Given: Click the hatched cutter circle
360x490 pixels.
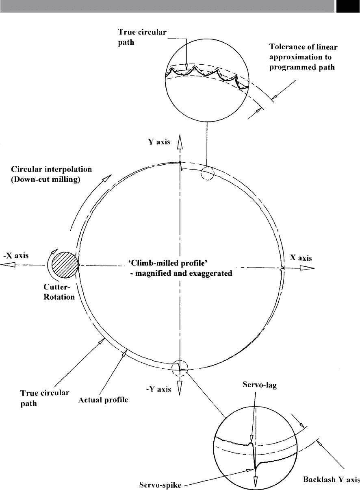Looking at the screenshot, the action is point(65,265).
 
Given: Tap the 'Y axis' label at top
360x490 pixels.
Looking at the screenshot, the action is point(159,142).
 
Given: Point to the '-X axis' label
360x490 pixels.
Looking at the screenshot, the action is point(16,255).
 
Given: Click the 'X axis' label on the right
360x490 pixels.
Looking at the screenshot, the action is point(301,258).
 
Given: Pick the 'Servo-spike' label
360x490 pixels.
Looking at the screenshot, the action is point(160,485).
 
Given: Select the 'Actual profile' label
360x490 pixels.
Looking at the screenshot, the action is point(103,400).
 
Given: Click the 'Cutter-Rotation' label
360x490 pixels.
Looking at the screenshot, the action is point(59,292).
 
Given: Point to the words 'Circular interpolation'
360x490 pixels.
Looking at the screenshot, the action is point(51,169).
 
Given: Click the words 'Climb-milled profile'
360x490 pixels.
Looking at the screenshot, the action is point(168,263).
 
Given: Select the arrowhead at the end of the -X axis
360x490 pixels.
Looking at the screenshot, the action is point(8,265).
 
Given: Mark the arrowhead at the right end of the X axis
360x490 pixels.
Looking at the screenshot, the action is point(307,268).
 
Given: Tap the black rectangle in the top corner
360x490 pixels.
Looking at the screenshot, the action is point(348,6).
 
